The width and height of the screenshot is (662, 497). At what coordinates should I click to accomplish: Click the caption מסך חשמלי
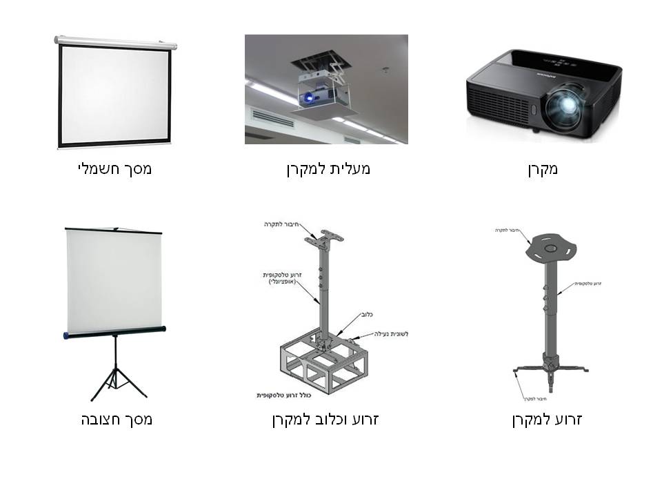click(x=114, y=168)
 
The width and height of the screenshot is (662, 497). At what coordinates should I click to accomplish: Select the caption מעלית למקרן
click(x=328, y=168)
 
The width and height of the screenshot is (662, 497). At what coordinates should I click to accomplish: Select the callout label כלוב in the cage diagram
click(x=365, y=314)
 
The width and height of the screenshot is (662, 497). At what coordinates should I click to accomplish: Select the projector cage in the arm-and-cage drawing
click(x=321, y=362)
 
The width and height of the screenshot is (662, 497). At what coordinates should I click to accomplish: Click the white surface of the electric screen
click(x=114, y=93)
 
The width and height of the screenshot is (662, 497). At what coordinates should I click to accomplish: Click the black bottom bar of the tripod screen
click(x=114, y=332)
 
